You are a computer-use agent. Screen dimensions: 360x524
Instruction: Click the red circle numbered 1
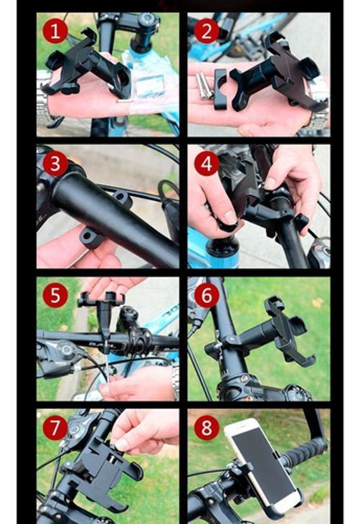tap(55, 31)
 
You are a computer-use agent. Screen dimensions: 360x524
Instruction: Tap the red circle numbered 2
tap(207, 31)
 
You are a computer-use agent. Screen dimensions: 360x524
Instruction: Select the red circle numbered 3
tap(55, 164)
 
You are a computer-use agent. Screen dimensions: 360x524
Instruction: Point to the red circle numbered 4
tap(207, 164)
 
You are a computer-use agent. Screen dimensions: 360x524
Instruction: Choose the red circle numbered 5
tap(55, 296)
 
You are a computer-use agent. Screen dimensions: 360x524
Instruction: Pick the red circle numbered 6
tap(207, 296)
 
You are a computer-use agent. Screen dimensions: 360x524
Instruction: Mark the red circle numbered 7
tap(55, 427)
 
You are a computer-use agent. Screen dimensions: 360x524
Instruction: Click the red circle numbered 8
tap(207, 427)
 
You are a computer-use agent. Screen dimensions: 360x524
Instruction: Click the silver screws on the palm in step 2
tap(204, 86)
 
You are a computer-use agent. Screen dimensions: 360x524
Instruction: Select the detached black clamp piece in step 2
tap(220, 89)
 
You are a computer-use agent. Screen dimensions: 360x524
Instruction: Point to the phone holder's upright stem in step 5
tap(104, 320)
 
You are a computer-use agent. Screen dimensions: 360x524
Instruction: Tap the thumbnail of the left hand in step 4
tap(229, 218)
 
